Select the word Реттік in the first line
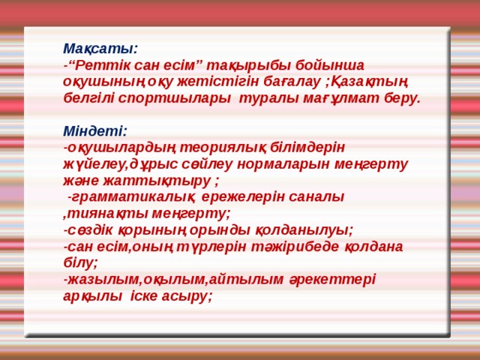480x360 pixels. (x=99, y=64)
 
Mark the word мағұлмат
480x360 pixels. (x=337, y=98)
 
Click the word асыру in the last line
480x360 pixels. (x=188, y=295)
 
